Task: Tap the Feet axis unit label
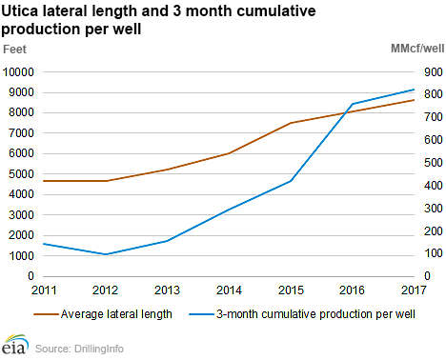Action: coord(17,47)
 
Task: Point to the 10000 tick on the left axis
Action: coord(19,71)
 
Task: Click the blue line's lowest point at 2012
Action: coord(104,254)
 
